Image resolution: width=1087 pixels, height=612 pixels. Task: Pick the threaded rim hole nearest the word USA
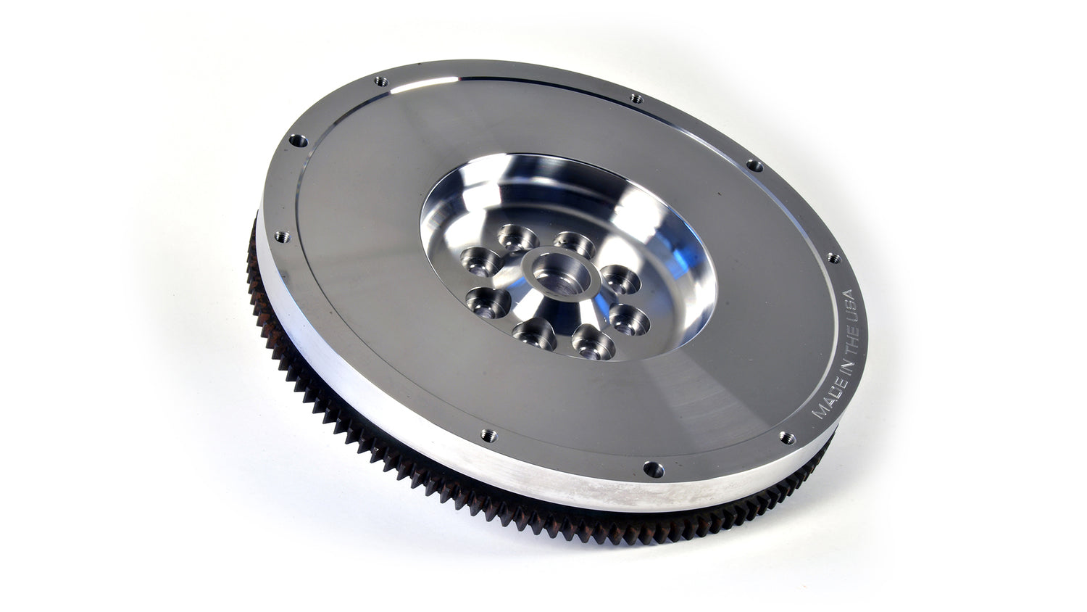click(833, 258)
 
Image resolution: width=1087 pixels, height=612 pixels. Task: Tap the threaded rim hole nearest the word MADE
click(786, 438)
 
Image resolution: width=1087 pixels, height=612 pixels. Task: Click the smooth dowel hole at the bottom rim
click(653, 470)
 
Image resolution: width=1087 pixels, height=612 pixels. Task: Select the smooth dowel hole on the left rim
click(298, 141)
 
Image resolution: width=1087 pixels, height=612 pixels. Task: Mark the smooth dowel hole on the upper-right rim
click(754, 166)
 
